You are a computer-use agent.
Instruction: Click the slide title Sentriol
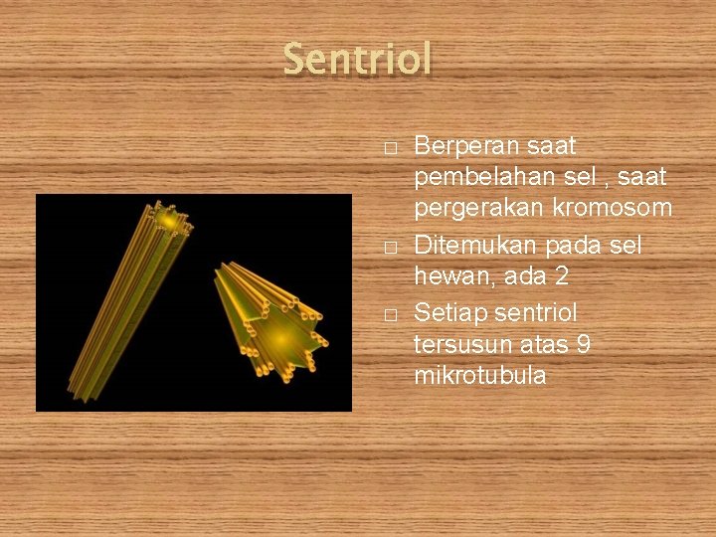(358, 60)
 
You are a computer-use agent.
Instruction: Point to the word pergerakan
(474, 211)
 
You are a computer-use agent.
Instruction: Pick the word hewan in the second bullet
(445, 277)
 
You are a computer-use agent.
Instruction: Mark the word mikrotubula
(479, 377)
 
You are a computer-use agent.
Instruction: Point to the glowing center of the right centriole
(281, 338)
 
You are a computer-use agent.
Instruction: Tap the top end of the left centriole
(169, 221)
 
